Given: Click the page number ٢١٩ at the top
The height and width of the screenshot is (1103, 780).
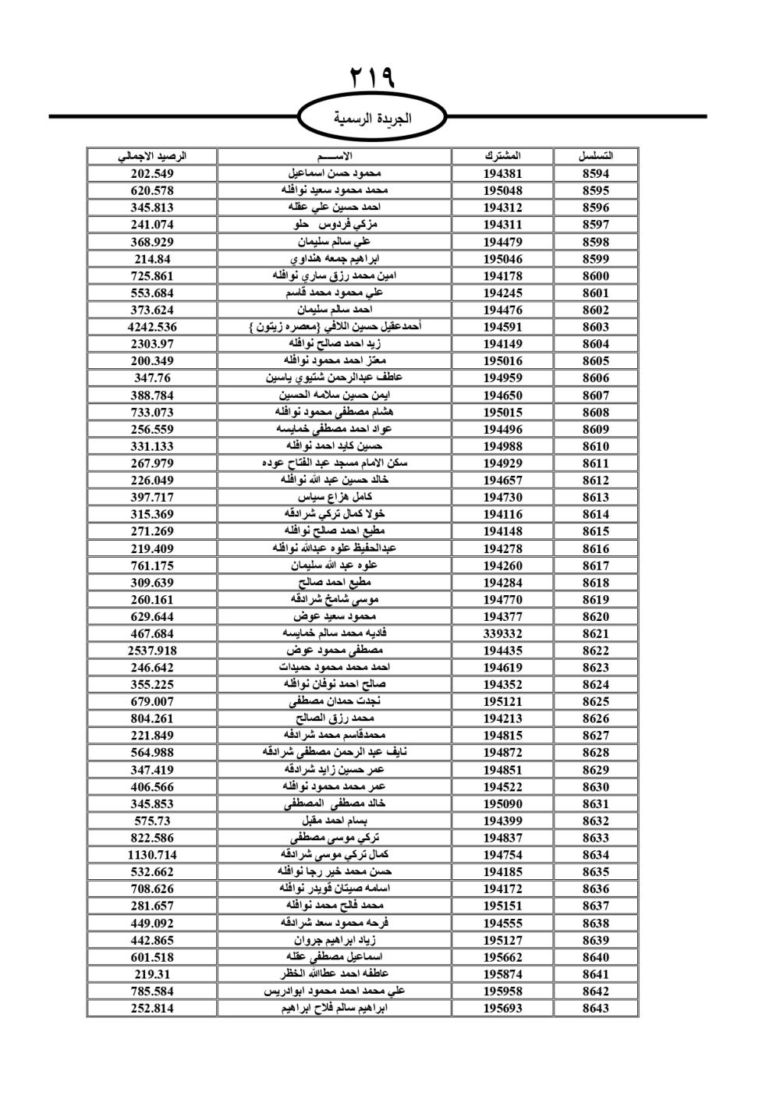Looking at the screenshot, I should [372, 78].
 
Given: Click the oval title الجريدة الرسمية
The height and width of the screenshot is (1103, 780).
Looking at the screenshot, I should [372, 119].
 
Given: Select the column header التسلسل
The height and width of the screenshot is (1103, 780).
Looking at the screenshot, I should [595, 156].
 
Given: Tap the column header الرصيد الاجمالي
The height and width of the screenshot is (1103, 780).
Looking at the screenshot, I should [152, 156].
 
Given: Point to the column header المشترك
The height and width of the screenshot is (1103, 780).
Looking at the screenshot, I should [502, 156].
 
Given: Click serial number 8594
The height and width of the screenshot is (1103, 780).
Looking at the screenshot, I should [595, 174].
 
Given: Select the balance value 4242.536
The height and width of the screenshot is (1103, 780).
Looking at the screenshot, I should [152, 327].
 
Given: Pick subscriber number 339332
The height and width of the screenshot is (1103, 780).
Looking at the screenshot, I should [502, 633].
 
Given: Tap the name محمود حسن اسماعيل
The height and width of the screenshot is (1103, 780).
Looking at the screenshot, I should [335, 173].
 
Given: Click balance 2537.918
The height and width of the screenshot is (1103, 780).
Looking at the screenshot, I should [152, 651].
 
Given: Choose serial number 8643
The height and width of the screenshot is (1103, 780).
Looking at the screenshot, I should [595, 1008].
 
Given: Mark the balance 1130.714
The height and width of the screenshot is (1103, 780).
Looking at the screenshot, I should [152, 855].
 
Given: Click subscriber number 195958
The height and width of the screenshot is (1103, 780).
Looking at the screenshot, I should [502, 991].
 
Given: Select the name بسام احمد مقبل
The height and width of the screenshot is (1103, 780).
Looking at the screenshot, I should [335, 821].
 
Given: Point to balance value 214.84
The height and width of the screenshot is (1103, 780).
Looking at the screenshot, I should [152, 259].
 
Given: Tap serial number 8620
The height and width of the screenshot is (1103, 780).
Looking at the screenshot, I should [595, 616].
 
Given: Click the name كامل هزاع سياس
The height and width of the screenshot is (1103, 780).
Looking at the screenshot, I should [335, 497].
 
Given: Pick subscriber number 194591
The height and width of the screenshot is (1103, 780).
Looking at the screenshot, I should [502, 327].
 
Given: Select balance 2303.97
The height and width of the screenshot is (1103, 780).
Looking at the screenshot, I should [152, 344].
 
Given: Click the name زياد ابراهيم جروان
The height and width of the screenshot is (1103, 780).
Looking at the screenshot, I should [335, 940].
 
